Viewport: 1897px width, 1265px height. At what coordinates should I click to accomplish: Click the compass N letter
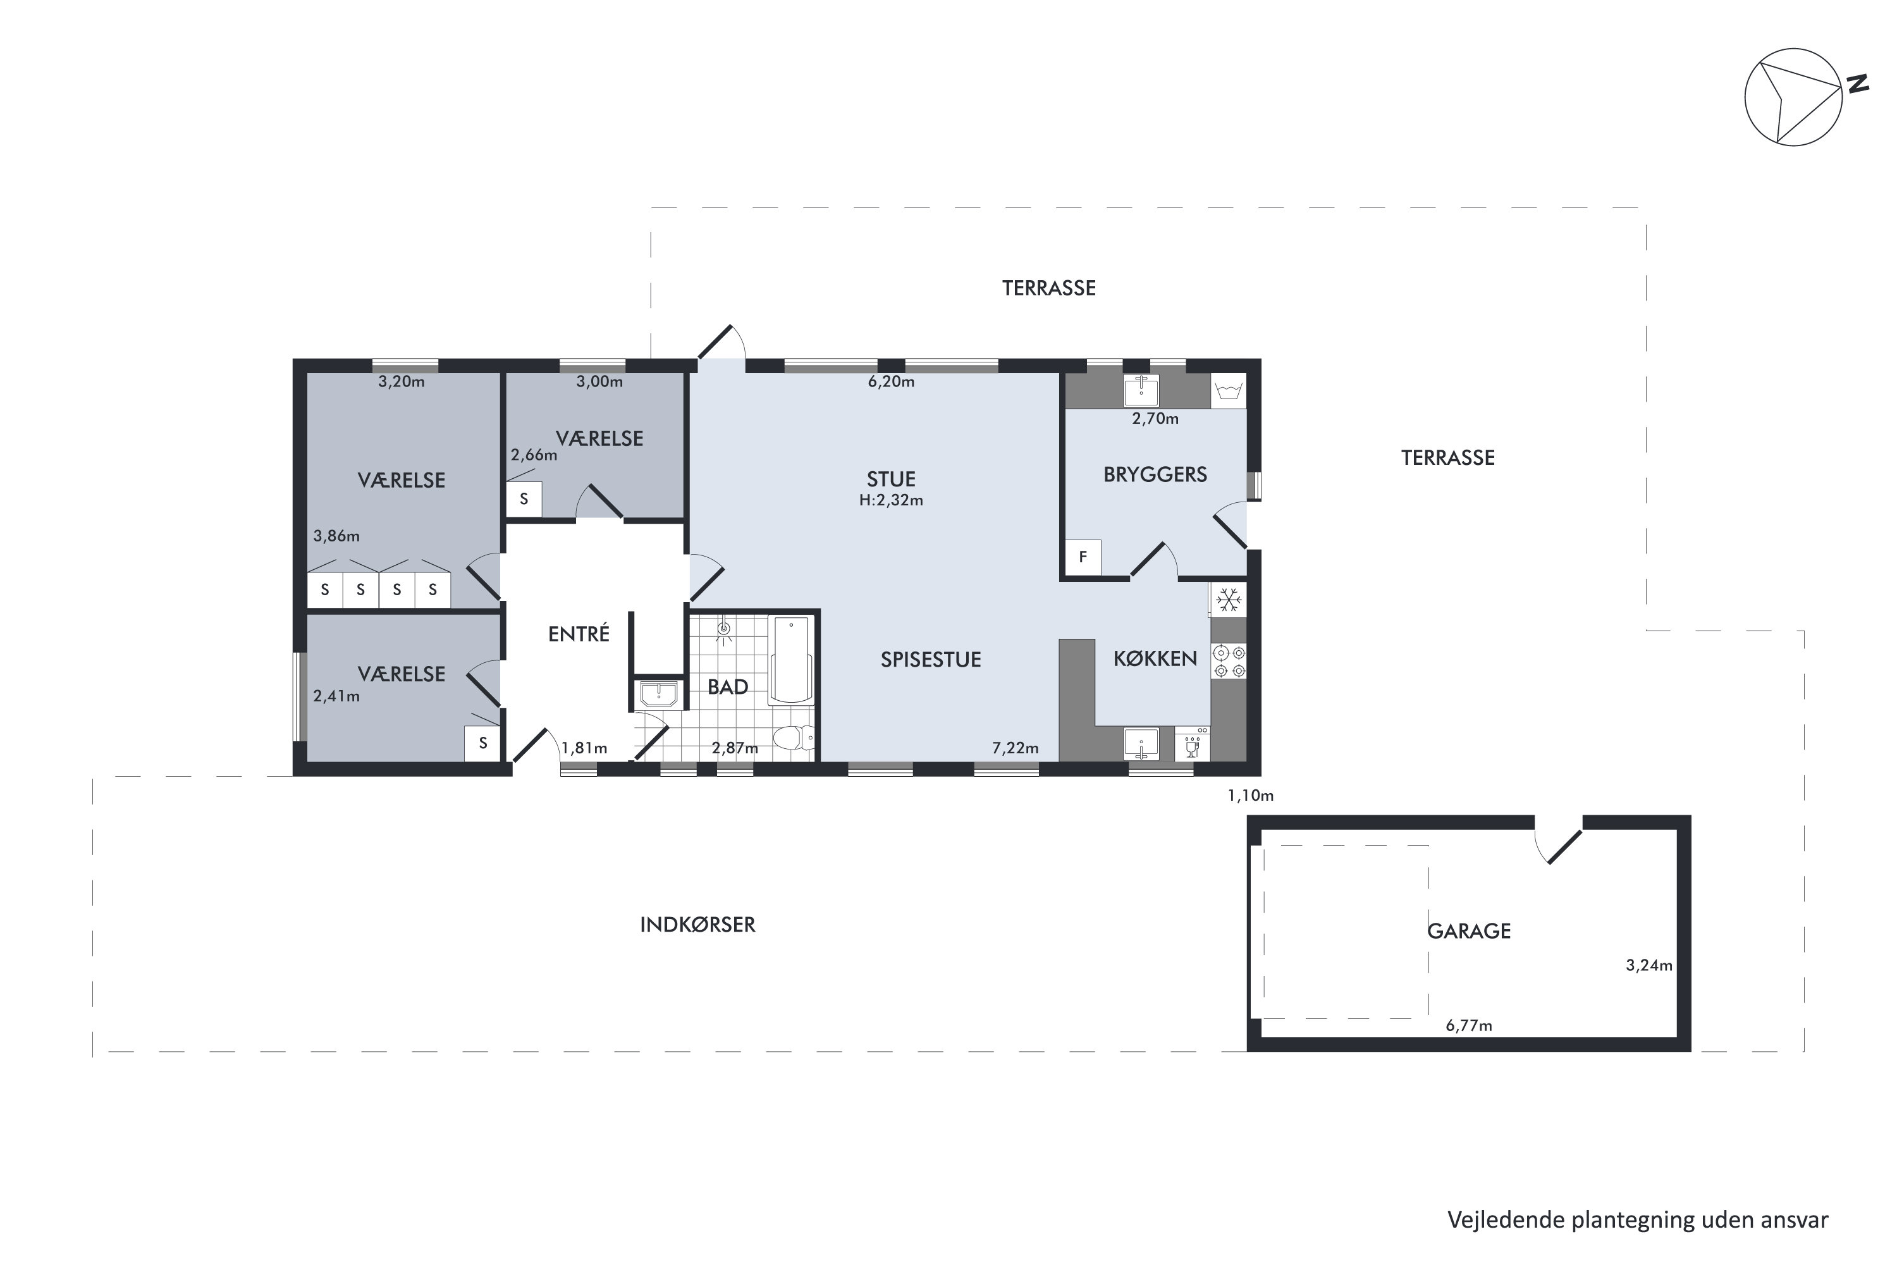pos(1858,84)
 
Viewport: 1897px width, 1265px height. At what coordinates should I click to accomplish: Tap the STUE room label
pos(890,479)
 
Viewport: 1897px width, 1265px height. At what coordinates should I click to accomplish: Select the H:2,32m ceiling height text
pos(890,500)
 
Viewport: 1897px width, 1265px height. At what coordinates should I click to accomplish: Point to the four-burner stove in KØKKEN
pos(1229,661)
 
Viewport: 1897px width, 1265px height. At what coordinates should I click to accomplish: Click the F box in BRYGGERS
pos(1083,557)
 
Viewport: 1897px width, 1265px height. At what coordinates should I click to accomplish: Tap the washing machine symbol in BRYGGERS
pos(1229,392)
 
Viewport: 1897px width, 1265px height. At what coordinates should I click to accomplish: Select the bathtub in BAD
pos(790,659)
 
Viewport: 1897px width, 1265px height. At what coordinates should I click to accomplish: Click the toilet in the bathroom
pos(794,737)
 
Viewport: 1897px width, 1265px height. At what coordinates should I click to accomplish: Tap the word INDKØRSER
pos(697,925)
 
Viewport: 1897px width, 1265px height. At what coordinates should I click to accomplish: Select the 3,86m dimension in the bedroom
pos(336,536)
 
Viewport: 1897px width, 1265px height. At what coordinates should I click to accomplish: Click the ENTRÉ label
pos(579,634)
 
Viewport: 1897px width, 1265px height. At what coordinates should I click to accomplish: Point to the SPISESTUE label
pos(930,660)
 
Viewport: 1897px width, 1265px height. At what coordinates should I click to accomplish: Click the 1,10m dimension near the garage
pos(1250,796)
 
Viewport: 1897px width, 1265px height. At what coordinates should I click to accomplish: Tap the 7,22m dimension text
pos(1015,748)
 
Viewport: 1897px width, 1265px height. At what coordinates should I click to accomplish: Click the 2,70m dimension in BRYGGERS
pos(1155,419)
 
